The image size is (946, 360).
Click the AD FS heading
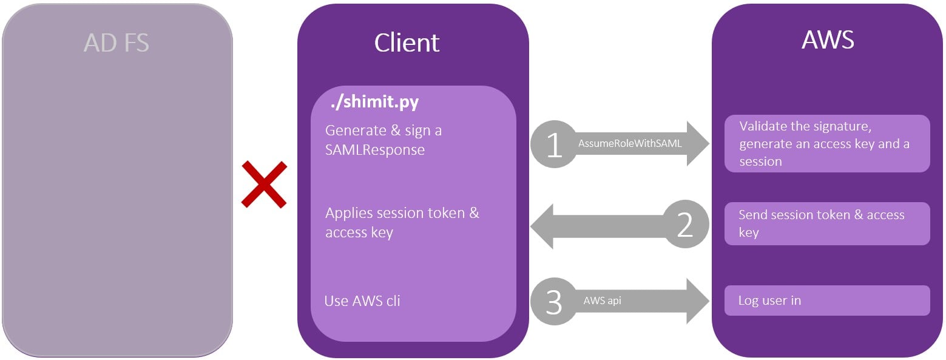click(x=117, y=42)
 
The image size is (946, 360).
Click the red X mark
click(x=264, y=184)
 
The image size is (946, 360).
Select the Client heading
click(x=407, y=42)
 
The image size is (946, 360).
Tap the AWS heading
click(x=828, y=39)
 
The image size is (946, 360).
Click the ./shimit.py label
click(x=374, y=102)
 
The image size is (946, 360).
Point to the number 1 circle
click(x=554, y=144)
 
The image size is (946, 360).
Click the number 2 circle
click(x=685, y=224)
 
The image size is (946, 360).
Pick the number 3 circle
click(x=554, y=301)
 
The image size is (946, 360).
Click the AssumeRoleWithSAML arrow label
click(x=630, y=144)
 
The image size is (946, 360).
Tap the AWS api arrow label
click(x=602, y=301)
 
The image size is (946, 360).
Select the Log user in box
click(x=827, y=301)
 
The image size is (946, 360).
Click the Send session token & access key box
click(x=827, y=223)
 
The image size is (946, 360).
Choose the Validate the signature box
click(x=827, y=144)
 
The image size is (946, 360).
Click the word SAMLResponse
click(x=374, y=150)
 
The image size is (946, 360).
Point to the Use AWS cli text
click(x=362, y=301)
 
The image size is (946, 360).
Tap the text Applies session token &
click(x=402, y=213)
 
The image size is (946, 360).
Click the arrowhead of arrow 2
click(x=542, y=226)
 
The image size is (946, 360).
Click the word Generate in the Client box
click(x=356, y=131)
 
